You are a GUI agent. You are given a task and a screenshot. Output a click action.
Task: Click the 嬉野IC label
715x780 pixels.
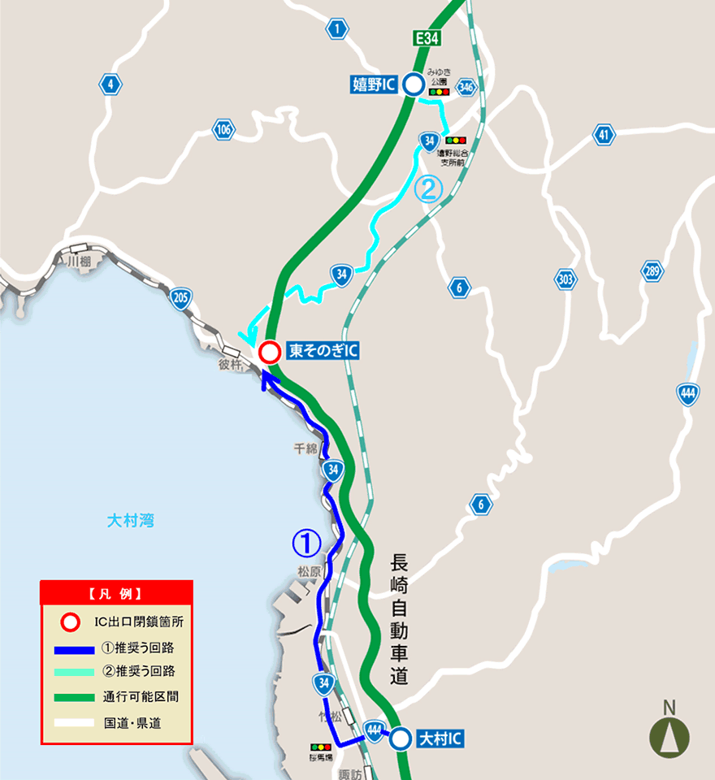[373, 84]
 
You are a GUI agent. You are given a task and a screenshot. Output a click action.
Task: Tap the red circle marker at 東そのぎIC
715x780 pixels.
[270, 352]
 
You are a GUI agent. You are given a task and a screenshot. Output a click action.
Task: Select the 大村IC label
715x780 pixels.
[441, 739]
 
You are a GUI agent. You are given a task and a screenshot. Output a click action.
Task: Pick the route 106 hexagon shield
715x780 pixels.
[223, 129]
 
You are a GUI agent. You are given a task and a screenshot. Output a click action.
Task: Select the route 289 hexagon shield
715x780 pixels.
[652, 271]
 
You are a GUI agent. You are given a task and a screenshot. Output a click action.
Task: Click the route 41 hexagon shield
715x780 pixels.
[603, 135]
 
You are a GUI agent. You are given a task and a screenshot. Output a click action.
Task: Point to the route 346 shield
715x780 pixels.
[466, 88]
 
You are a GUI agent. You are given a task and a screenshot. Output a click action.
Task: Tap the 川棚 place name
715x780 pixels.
[80, 262]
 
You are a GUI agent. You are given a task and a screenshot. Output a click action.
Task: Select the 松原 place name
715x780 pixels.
[310, 571]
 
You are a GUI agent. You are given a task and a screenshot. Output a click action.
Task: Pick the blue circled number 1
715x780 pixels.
[306, 542]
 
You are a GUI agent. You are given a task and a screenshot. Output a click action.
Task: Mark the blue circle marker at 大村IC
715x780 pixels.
[400, 739]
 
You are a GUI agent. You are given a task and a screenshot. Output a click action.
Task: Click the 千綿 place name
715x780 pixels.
[306, 448]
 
